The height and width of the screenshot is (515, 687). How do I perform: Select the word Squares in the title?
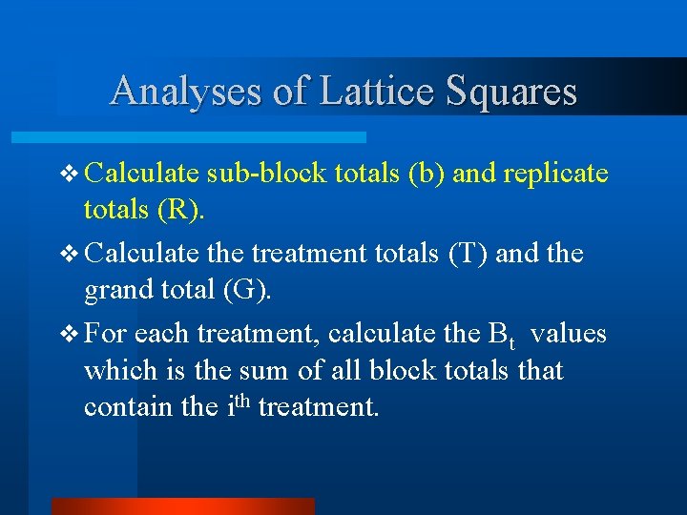[x=511, y=92]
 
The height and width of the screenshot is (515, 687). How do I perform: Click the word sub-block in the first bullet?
[x=270, y=174]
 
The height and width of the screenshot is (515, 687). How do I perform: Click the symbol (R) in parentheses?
[x=178, y=210]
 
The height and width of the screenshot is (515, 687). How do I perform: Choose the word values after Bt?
[x=569, y=335]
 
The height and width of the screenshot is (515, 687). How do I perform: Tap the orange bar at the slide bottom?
[x=181, y=506]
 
